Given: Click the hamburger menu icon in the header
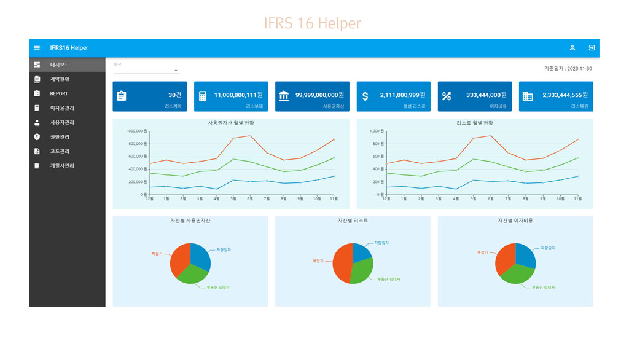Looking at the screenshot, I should point(37,48).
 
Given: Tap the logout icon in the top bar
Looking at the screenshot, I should point(592,48).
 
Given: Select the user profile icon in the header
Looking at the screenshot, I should point(572,48).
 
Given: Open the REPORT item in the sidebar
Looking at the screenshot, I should point(59,93).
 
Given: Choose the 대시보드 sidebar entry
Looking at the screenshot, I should point(60,65).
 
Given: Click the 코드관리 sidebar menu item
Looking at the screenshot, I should point(60,151).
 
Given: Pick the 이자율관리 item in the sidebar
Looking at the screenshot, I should point(62,108).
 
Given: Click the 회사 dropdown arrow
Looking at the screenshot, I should point(176,71).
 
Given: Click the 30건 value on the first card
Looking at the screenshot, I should point(175,95).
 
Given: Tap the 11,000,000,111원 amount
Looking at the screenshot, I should point(238,95).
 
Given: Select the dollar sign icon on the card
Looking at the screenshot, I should point(365,96).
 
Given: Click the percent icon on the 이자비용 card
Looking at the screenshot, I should point(447,96).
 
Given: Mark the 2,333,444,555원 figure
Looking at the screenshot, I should point(565,95).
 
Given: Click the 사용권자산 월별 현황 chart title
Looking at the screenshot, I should point(231,123).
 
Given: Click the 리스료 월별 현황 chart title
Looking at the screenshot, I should point(475,123).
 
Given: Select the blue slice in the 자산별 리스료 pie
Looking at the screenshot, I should point(361,251).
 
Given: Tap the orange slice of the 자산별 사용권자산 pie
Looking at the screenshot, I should point(180,259).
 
